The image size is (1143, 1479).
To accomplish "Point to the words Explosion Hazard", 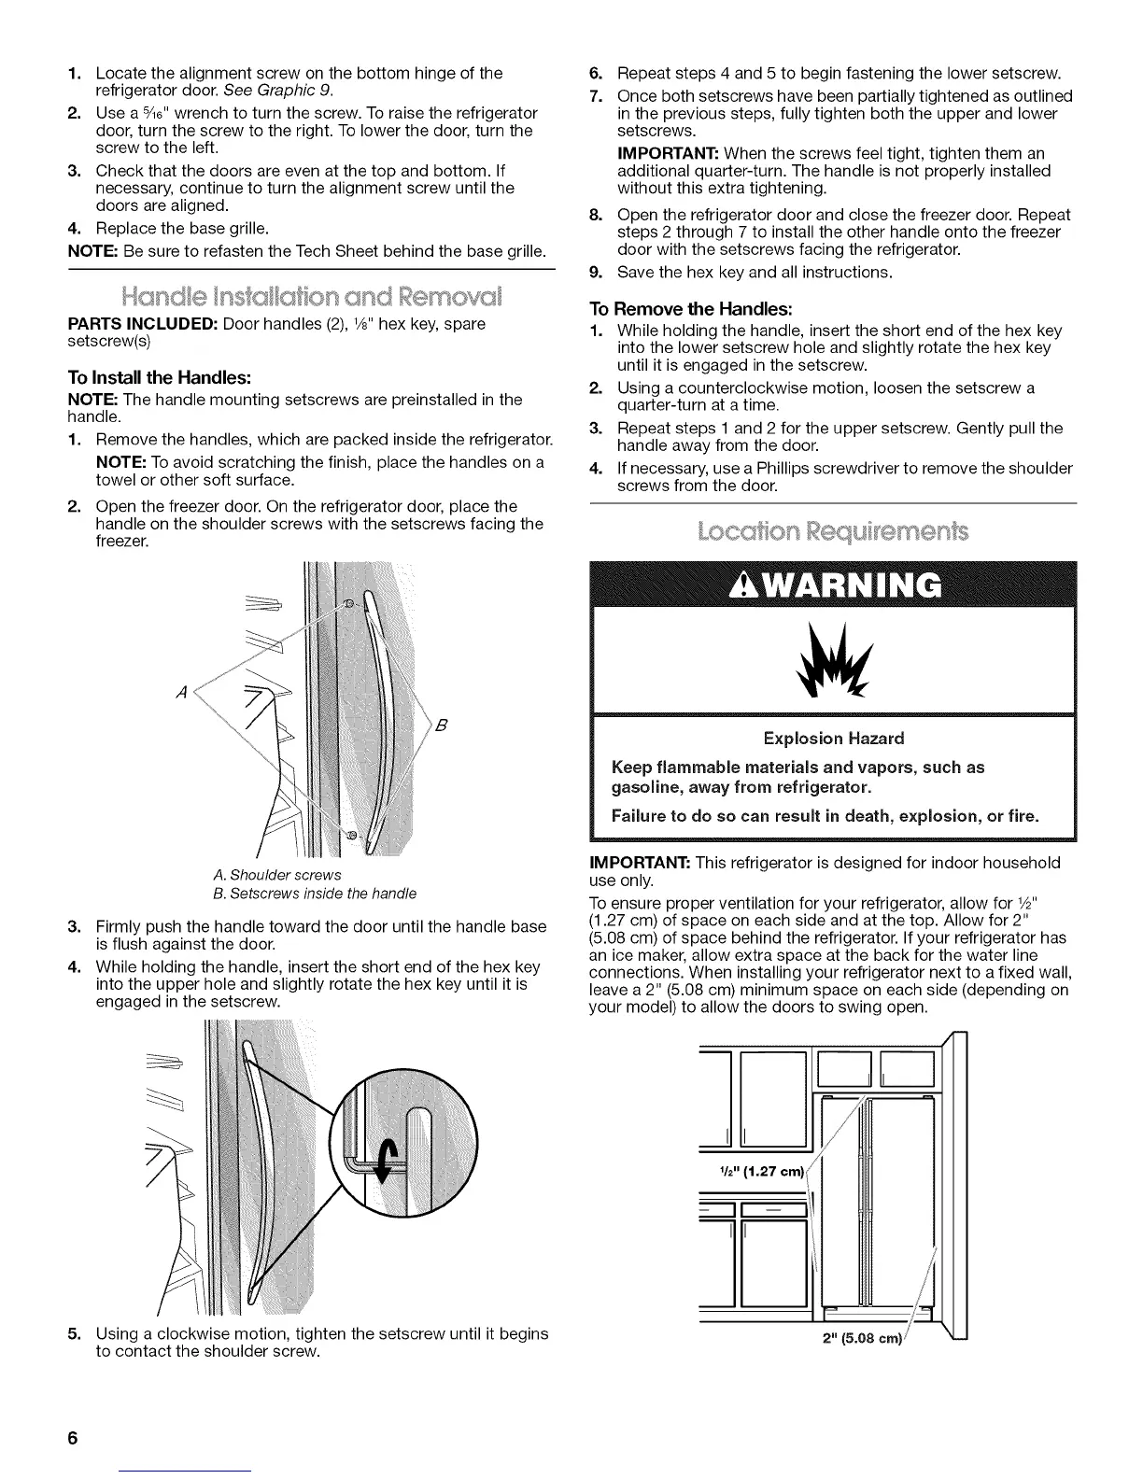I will [x=833, y=739].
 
